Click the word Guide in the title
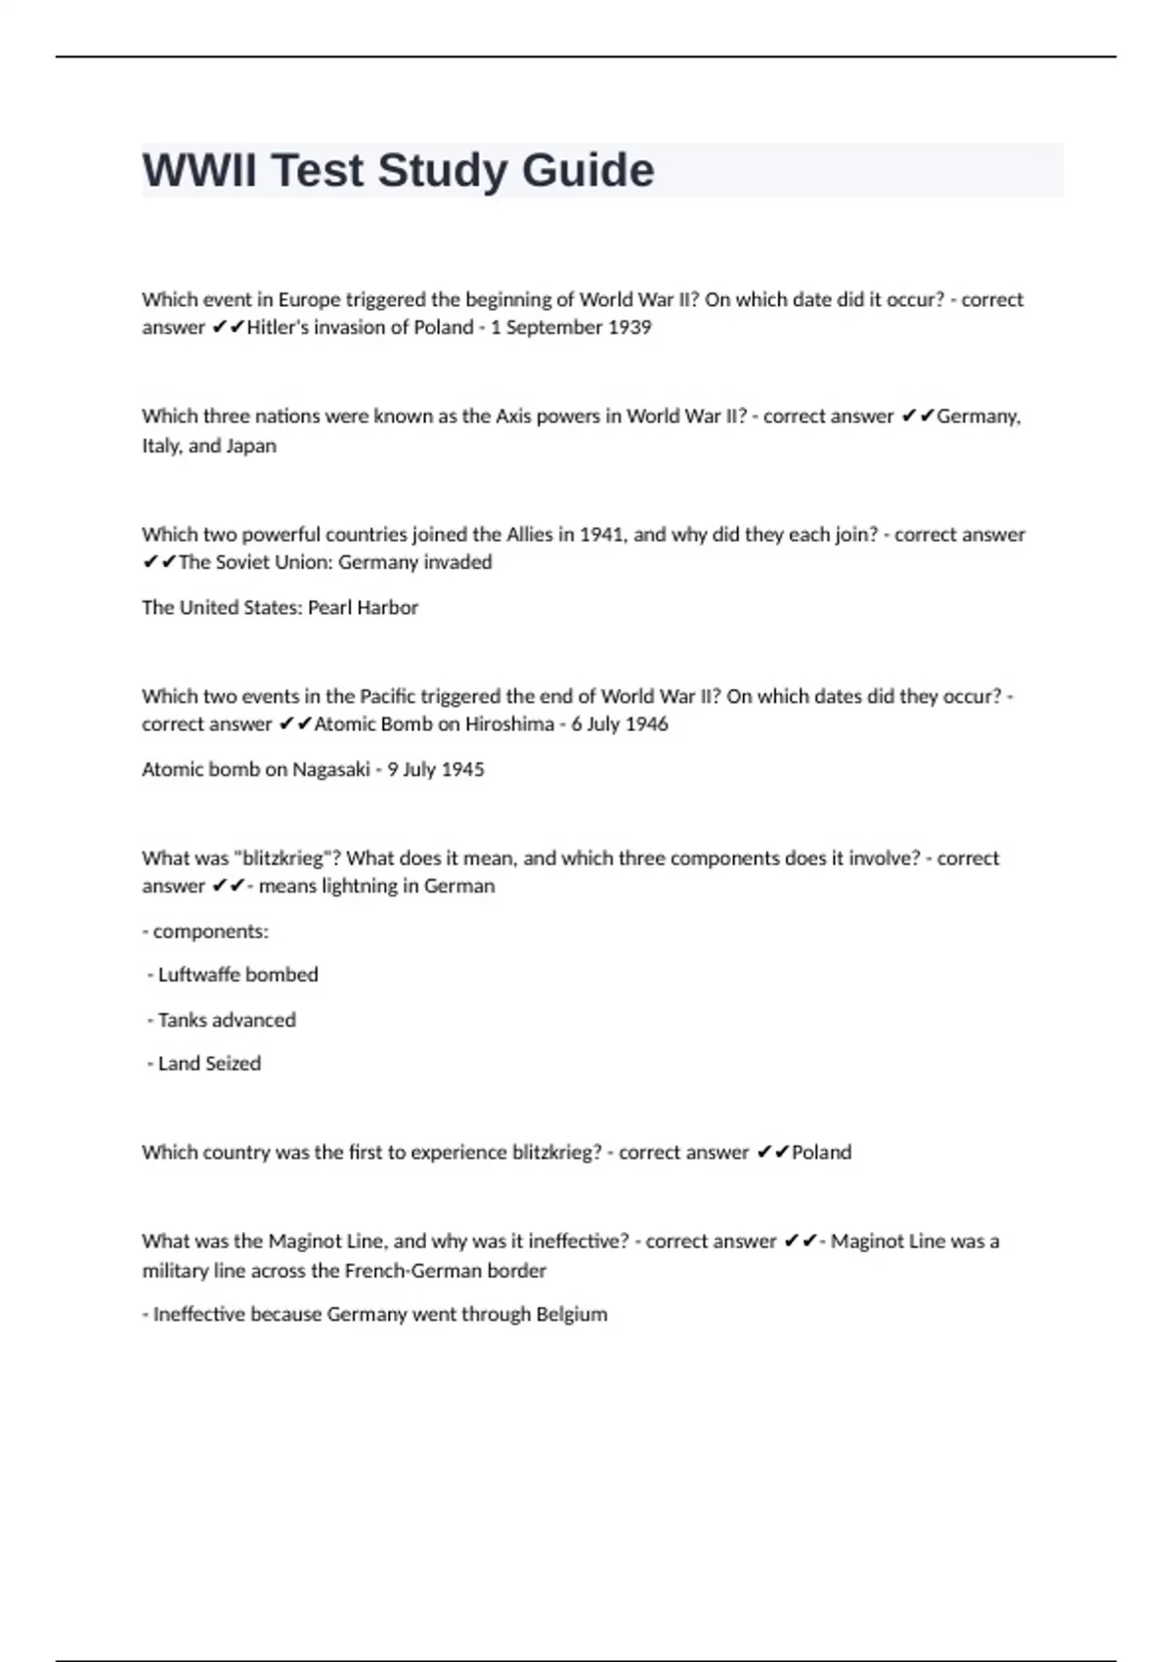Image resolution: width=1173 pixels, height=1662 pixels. point(587,171)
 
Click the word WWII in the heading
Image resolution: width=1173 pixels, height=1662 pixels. point(199,171)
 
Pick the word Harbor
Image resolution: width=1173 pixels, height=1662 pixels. point(390,608)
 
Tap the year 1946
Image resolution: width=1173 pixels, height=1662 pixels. point(646,724)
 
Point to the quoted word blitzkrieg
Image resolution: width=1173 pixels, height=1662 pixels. point(282,858)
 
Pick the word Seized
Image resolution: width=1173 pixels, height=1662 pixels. point(233,1064)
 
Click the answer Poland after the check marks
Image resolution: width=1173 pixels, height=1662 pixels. point(821,1153)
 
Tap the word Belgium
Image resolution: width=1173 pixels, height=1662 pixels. point(571,1314)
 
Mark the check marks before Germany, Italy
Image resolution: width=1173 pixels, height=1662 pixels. point(918,416)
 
